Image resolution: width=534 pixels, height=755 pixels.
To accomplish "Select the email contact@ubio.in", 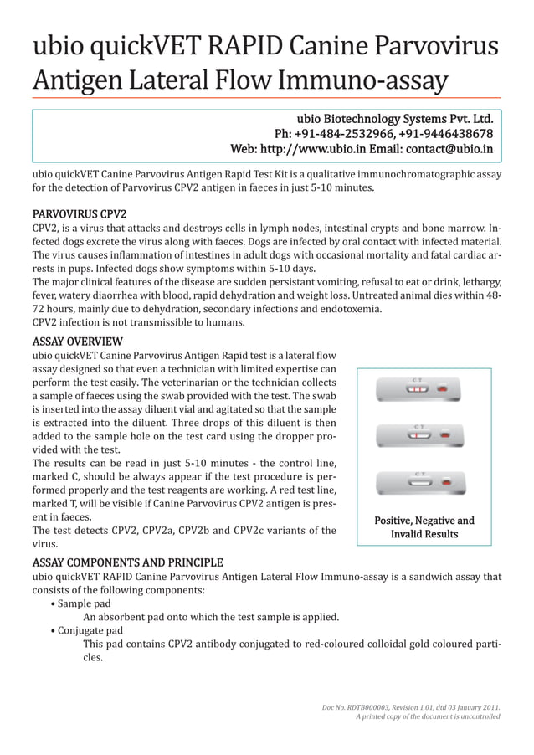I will (449, 150).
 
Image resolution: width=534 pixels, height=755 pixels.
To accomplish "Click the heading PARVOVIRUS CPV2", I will (79, 213).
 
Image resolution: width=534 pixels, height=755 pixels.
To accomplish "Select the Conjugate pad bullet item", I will (90, 630).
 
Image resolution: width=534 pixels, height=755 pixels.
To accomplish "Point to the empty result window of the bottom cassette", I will (419, 483).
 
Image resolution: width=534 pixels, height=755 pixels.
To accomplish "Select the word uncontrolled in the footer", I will (477, 717).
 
